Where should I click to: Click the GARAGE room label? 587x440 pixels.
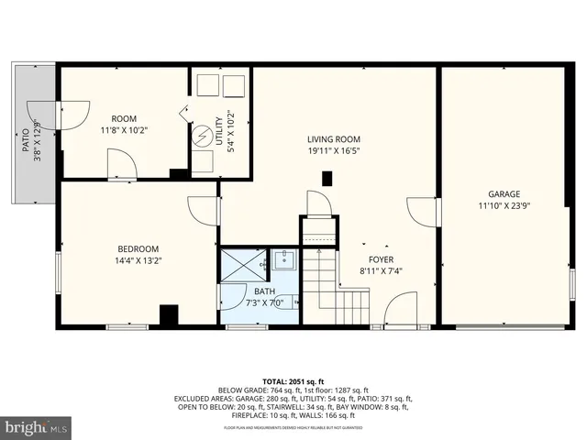[x=504, y=193]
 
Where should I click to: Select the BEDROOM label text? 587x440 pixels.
[x=138, y=248]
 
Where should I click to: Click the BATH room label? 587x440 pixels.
[x=264, y=291]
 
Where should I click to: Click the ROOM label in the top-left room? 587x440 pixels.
[x=124, y=118]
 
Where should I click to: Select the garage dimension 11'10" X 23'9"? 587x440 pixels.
[x=504, y=206]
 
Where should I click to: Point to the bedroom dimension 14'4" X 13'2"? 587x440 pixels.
[x=138, y=261]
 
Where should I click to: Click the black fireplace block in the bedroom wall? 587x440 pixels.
[x=169, y=315]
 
